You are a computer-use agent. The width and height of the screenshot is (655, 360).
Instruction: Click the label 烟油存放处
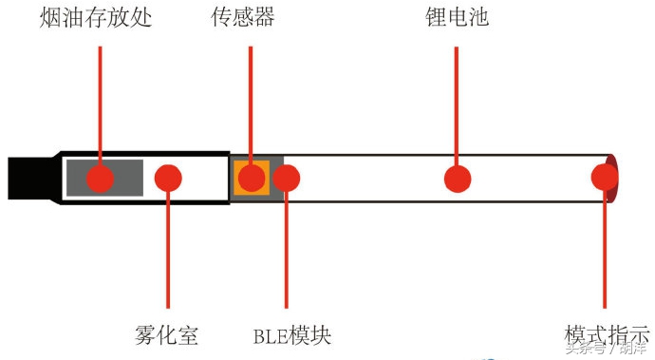click(x=95, y=17)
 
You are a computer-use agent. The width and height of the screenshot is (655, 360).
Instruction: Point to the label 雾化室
click(x=167, y=335)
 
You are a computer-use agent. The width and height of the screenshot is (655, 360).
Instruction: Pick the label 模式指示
click(x=605, y=335)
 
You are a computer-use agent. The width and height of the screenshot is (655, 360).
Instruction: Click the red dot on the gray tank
click(x=100, y=178)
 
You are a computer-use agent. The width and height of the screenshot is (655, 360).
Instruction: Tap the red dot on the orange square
click(x=252, y=178)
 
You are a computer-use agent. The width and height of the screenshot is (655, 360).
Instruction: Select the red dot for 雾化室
click(x=168, y=178)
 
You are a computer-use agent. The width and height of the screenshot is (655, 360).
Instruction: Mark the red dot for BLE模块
click(x=287, y=178)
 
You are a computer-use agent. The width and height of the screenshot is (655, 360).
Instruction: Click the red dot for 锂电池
click(x=458, y=178)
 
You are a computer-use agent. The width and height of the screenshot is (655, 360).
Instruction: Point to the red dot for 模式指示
click(x=605, y=178)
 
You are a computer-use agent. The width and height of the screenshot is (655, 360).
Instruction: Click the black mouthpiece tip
click(x=28, y=178)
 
